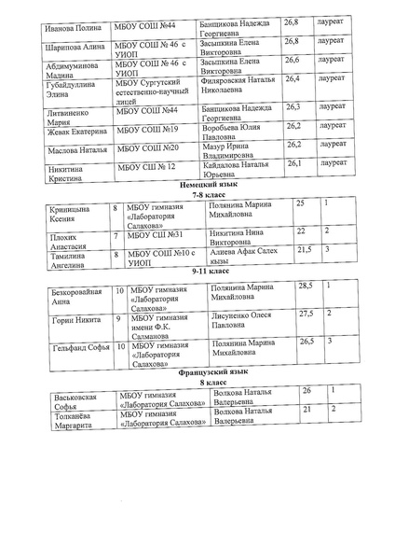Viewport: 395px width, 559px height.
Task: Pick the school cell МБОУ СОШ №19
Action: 147,127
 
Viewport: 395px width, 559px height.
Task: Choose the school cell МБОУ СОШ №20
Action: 147,147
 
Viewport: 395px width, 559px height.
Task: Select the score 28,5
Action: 304,286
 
